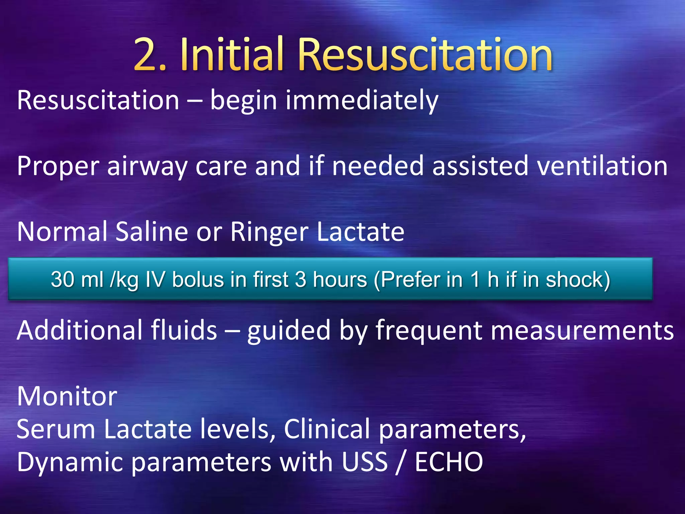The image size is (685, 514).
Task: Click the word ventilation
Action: (x=602, y=166)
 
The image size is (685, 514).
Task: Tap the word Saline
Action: (x=152, y=232)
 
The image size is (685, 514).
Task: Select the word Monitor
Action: (x=67, y=396)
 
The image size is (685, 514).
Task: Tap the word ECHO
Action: (x=449, y=462)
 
